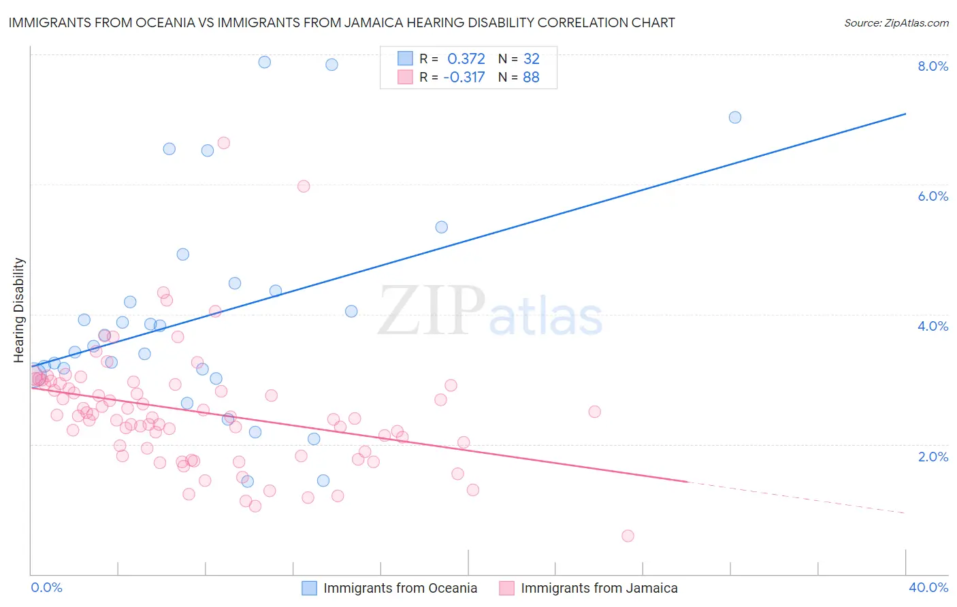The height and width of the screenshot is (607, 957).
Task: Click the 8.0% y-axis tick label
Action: [932, 66]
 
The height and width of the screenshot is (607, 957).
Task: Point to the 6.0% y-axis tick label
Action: [932, 196]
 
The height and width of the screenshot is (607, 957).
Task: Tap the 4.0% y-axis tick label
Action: [932, 326]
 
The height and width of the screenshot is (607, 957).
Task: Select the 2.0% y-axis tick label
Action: [932, 457]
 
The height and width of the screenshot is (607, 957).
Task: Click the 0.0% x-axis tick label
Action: [46, 587]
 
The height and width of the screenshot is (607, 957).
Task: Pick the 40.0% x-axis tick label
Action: [928, 587]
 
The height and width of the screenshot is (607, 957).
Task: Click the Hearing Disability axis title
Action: [19, 310]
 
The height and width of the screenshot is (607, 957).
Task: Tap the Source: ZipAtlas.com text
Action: [896, 22]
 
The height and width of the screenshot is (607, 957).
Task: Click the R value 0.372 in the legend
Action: [466, 59]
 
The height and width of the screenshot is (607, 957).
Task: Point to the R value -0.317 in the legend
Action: [464, 77]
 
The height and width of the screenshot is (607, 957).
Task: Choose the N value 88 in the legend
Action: [531, 77]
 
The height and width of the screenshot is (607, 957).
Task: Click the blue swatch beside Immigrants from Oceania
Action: [309, 588]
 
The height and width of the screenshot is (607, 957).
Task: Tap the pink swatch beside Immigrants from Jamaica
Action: [506, 588]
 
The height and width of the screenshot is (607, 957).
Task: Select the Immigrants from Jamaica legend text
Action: [599, 588]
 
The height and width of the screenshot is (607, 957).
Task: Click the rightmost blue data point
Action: [735, 117]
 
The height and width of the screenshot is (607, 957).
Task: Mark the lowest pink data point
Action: [628, 536]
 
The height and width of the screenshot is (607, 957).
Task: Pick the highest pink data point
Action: [223, 143]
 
